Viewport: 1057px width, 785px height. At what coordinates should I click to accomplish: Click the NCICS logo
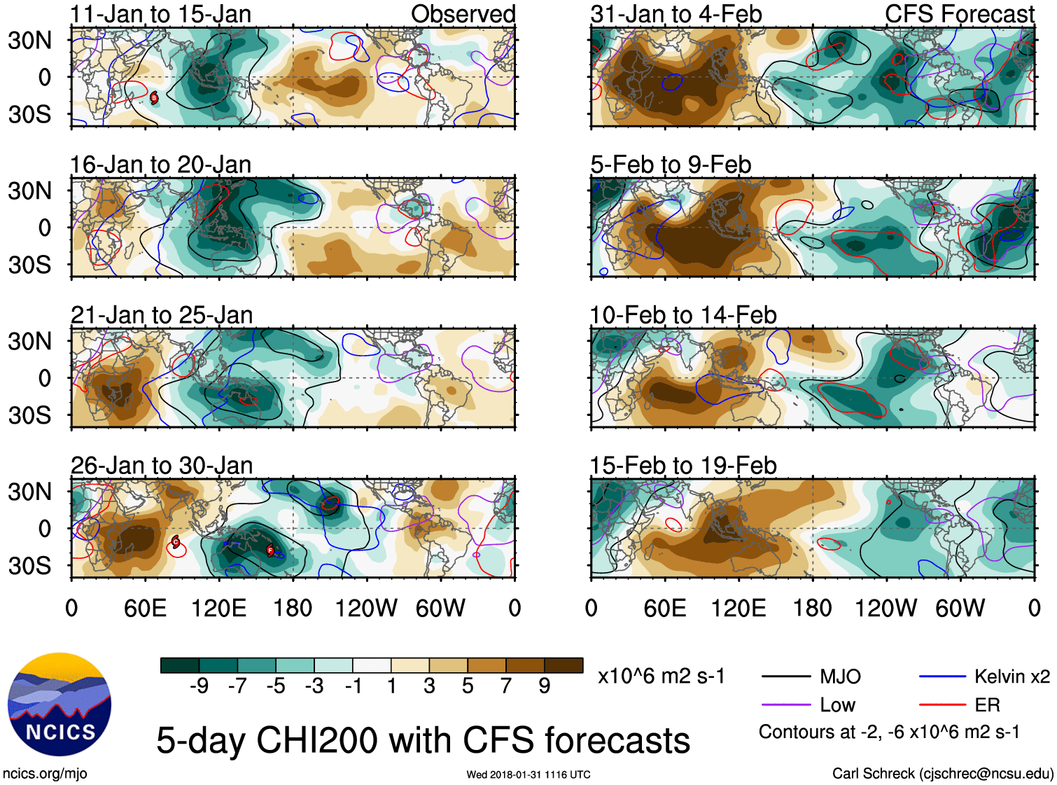[x=59, y=704]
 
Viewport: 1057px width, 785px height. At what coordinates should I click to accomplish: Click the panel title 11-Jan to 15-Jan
[x=160, y=14]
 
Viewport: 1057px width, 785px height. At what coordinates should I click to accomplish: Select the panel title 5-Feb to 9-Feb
[x=671, y=165]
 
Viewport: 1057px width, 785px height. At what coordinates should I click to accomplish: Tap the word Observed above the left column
[x=463, y=14]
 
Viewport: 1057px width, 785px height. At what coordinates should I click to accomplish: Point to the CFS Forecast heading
[x=959, y=14]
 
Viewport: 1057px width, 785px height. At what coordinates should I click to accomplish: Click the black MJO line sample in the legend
[x=786, y=676]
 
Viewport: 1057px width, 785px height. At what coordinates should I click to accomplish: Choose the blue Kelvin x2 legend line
[x=942, y=676]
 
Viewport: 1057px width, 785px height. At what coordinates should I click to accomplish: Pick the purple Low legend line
[x=786, y=705]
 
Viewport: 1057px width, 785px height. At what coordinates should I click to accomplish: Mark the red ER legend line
[x=942, y=705]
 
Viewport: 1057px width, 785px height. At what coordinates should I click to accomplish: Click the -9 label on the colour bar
[x=199, y=686]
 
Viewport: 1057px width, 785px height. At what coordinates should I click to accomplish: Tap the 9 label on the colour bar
[x=544, y=686]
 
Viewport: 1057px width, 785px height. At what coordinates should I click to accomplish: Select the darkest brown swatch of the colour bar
[x=563, y=665]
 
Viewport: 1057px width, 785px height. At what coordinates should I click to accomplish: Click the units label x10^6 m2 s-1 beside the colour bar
[x=661, y=676]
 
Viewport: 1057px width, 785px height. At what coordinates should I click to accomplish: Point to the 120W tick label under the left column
[x=366, y=608]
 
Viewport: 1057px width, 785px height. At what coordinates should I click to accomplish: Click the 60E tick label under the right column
[x=664, y=608]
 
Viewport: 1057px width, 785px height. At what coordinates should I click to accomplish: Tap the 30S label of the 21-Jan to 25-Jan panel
[x=29, y=415]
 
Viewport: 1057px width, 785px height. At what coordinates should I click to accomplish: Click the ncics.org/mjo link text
[x=45, y=774]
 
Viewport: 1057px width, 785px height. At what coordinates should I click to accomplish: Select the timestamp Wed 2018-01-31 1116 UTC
[x=528, y=774]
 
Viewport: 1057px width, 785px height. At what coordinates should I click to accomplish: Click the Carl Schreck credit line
[x=942, y=774]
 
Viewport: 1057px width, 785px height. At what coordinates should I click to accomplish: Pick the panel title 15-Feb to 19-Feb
[x=682, y=466]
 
